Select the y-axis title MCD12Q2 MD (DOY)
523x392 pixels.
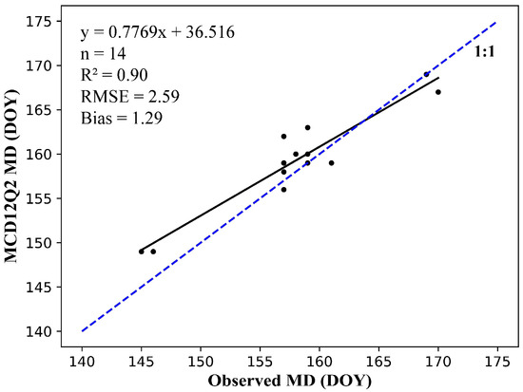(13, 176)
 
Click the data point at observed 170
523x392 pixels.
(437, 92)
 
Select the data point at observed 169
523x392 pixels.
(426, 74)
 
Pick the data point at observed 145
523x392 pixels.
(141, 252)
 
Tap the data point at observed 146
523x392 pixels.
(153, 252)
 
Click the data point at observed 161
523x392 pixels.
(331, 162)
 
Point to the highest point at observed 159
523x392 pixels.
(307, 127)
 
